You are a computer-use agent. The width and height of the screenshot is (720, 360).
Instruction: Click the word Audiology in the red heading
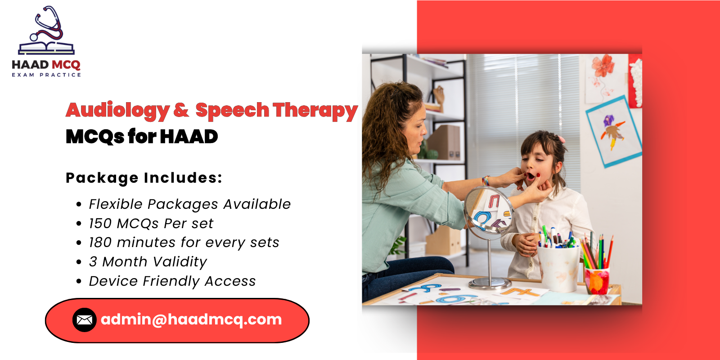coord(117,111)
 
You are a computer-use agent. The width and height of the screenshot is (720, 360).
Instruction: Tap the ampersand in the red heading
coord(181,110)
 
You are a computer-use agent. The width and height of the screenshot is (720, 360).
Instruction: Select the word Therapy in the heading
coord(315,111)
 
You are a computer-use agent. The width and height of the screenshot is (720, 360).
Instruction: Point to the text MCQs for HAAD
coord(142,136)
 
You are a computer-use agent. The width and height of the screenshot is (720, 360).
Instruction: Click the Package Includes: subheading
coord(144,178)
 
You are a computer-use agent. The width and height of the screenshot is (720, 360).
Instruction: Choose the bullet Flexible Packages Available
coord(189,204)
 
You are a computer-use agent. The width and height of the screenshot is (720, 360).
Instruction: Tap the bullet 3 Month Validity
coord(148,262)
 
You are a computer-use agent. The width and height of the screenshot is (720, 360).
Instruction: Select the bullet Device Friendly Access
coord(172,281)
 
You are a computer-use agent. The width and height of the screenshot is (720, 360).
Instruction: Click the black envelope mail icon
coord(84,320)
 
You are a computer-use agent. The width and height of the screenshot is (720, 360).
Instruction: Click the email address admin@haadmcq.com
coord(191,319)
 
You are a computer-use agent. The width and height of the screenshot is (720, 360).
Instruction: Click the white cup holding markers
coord(558,268)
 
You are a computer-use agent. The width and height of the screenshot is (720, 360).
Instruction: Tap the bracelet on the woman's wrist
coord(486,181)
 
